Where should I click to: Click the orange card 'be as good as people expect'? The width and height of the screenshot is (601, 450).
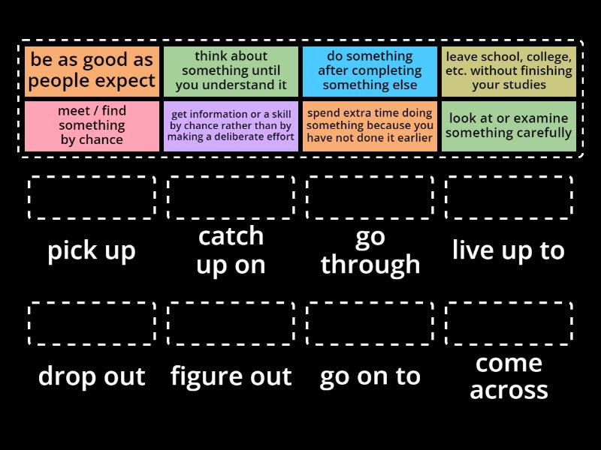[92, 71]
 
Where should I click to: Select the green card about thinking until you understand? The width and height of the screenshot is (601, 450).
[231, 71]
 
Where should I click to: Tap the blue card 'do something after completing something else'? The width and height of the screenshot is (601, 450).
[370, 71]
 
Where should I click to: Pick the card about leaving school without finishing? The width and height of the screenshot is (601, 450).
[509, 71]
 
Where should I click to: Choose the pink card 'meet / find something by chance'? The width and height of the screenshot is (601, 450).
[92, 126]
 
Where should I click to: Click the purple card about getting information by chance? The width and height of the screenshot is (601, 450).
[231, 126]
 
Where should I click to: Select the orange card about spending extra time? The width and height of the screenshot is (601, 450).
[370, 126]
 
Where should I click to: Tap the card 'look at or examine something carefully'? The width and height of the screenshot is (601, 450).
[509, 126]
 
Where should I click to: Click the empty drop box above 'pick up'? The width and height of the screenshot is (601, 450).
[92, 198]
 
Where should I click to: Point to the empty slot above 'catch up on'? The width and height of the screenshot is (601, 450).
[231, 198]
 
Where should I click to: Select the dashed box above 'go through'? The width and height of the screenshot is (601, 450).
[370, 198]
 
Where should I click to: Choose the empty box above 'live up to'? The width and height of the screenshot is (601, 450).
[509, 198]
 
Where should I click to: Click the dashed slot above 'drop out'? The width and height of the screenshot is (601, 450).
[92, 324]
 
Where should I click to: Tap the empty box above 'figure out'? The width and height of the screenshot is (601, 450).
[231, 324]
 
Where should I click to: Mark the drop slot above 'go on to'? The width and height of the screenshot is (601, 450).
[370, 324]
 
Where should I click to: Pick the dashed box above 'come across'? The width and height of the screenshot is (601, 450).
[509, 324]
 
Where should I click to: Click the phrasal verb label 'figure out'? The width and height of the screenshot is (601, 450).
[231, 376]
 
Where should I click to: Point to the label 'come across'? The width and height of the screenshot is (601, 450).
[509, 376]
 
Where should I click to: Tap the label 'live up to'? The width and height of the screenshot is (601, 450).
[509, 250]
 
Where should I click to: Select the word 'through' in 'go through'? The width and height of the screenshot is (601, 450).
[370, 264]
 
